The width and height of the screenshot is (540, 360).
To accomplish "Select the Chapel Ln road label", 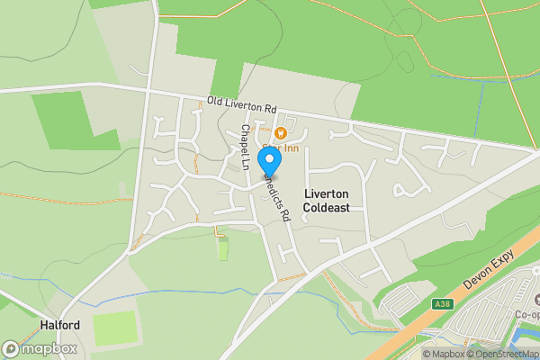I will click(245, 147).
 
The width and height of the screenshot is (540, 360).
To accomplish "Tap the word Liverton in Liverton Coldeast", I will click(326, 193).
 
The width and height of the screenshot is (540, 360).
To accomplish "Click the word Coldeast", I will click(326, 208).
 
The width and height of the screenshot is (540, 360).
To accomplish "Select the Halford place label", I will click(60, 324).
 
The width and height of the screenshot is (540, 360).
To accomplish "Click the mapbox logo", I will click(40, 347).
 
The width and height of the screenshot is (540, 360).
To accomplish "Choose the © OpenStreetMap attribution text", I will click(505, 354).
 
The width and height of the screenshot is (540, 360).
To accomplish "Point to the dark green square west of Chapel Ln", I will click(76, 121).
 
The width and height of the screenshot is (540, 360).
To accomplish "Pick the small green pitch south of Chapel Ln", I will click(223, 248).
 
